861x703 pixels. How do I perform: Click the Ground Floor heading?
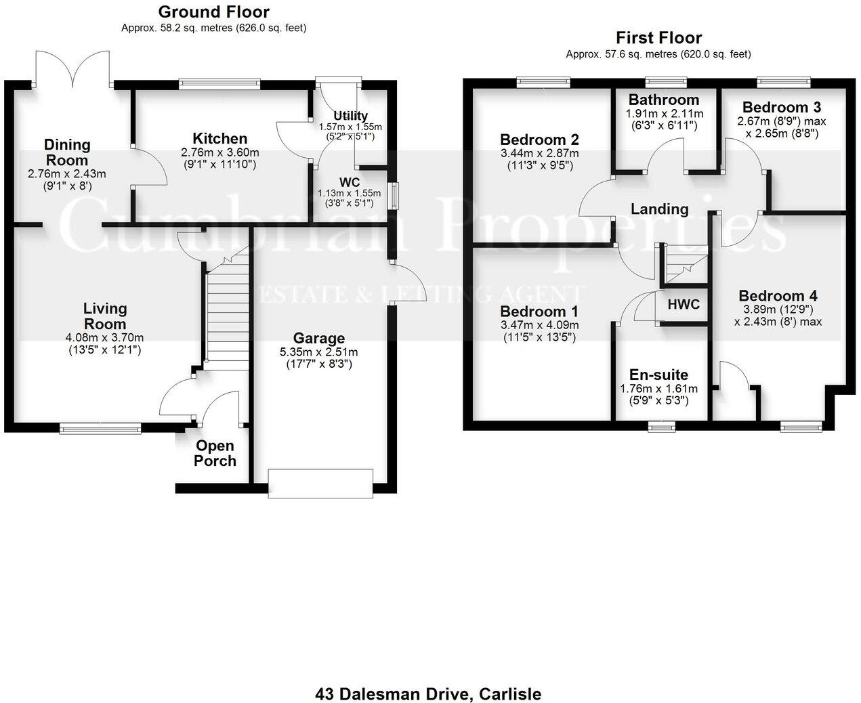click(x=213, y=12)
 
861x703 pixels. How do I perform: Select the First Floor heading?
click(x=658, y=38)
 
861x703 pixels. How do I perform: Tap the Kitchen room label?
click(x=219, y=139)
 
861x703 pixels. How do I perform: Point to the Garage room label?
click(x=318, y=338)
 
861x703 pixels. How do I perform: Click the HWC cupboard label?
click(x=683, y=304)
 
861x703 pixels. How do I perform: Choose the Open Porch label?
click(x=215, y=453)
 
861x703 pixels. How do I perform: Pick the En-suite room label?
click(x=658, y=375)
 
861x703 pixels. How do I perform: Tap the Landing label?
click(x=659, y=209)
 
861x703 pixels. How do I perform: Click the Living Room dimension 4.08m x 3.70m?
click(x=105, y=337)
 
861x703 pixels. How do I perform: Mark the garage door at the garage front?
click(x=320, y=483)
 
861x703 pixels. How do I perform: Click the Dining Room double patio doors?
click(x=72, y=68)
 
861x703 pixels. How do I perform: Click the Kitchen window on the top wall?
click(x=219, y=84)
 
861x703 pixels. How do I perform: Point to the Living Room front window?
click(x=100, y=427)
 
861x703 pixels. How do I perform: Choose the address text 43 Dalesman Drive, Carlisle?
click(x=428, y=694)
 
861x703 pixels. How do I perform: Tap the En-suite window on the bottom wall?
click(x=660, y=426)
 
